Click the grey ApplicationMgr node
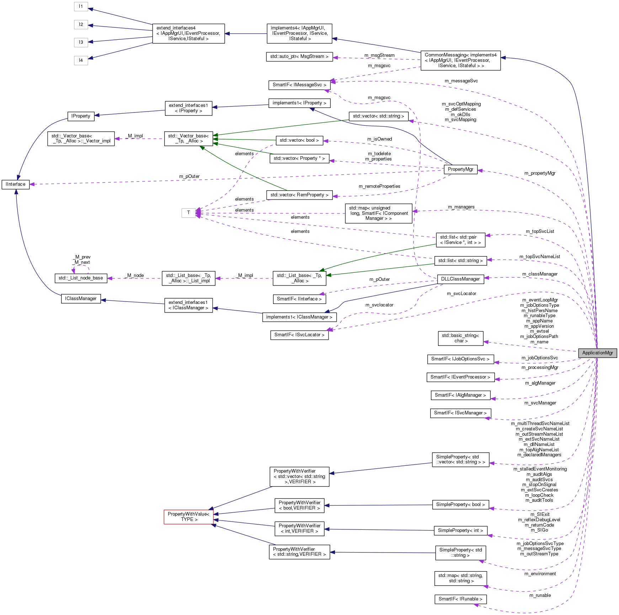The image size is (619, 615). [597, 353]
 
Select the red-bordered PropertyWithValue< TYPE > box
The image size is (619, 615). [188, 516]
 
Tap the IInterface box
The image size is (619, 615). [15, 184]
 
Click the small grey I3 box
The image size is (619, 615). [81, 42]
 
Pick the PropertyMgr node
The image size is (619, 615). [460, 169]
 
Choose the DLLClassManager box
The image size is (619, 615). [460, 279]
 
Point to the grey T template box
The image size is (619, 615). [188, 213]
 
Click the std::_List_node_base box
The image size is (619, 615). [81, 278]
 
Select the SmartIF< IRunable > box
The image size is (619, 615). [460, 599]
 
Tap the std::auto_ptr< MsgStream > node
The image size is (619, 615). [299, 56]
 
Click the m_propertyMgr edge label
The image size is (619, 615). [539, 173]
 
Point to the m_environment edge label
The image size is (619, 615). [540, 574]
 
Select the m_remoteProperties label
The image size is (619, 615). [379, 186]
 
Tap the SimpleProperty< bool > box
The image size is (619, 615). [460, 505]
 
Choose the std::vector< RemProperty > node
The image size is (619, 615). [299, 195]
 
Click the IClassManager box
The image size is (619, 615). [81, 299]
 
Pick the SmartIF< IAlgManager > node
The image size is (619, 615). [460, 395]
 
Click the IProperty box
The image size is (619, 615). [81, 116]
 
